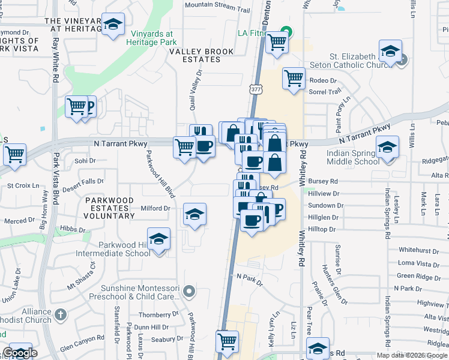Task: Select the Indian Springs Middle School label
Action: (352, 157)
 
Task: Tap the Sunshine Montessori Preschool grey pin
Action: (190, 292)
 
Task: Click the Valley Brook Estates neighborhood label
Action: (202, 56)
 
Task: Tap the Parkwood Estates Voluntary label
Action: (110, 203)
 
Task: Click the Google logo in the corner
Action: (20, 353)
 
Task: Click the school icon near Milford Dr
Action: (194, 214)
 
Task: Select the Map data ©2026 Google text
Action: (412, 355)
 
